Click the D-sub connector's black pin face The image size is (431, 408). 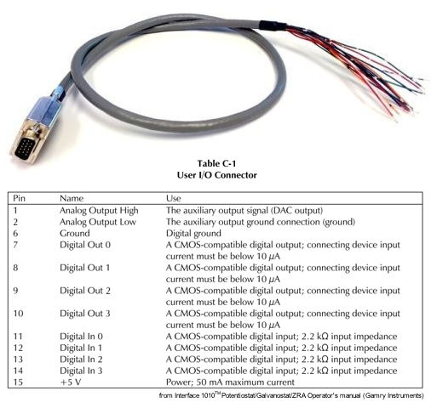[26, 149]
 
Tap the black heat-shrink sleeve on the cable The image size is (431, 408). [273, 25]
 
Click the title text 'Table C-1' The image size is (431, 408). [216, 163]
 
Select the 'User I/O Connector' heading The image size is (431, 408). [216, 175]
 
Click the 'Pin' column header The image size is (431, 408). [19, 198]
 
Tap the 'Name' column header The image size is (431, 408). [72, 198]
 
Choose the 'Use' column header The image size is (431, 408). [173, 198]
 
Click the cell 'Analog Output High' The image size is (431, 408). [99, 211]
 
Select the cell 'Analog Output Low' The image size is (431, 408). [98, 222]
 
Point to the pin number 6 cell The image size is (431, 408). [15, 234]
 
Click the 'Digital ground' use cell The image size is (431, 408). [193, 234]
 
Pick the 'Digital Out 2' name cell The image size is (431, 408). [85, 291]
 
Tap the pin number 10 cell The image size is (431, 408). [18, 314]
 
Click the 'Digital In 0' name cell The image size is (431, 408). [81, 337]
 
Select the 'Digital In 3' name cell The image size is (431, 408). [81, 371]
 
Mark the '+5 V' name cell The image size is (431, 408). [71, 382]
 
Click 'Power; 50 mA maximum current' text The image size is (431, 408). [230, 382]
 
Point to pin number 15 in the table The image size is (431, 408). [18, 382]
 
